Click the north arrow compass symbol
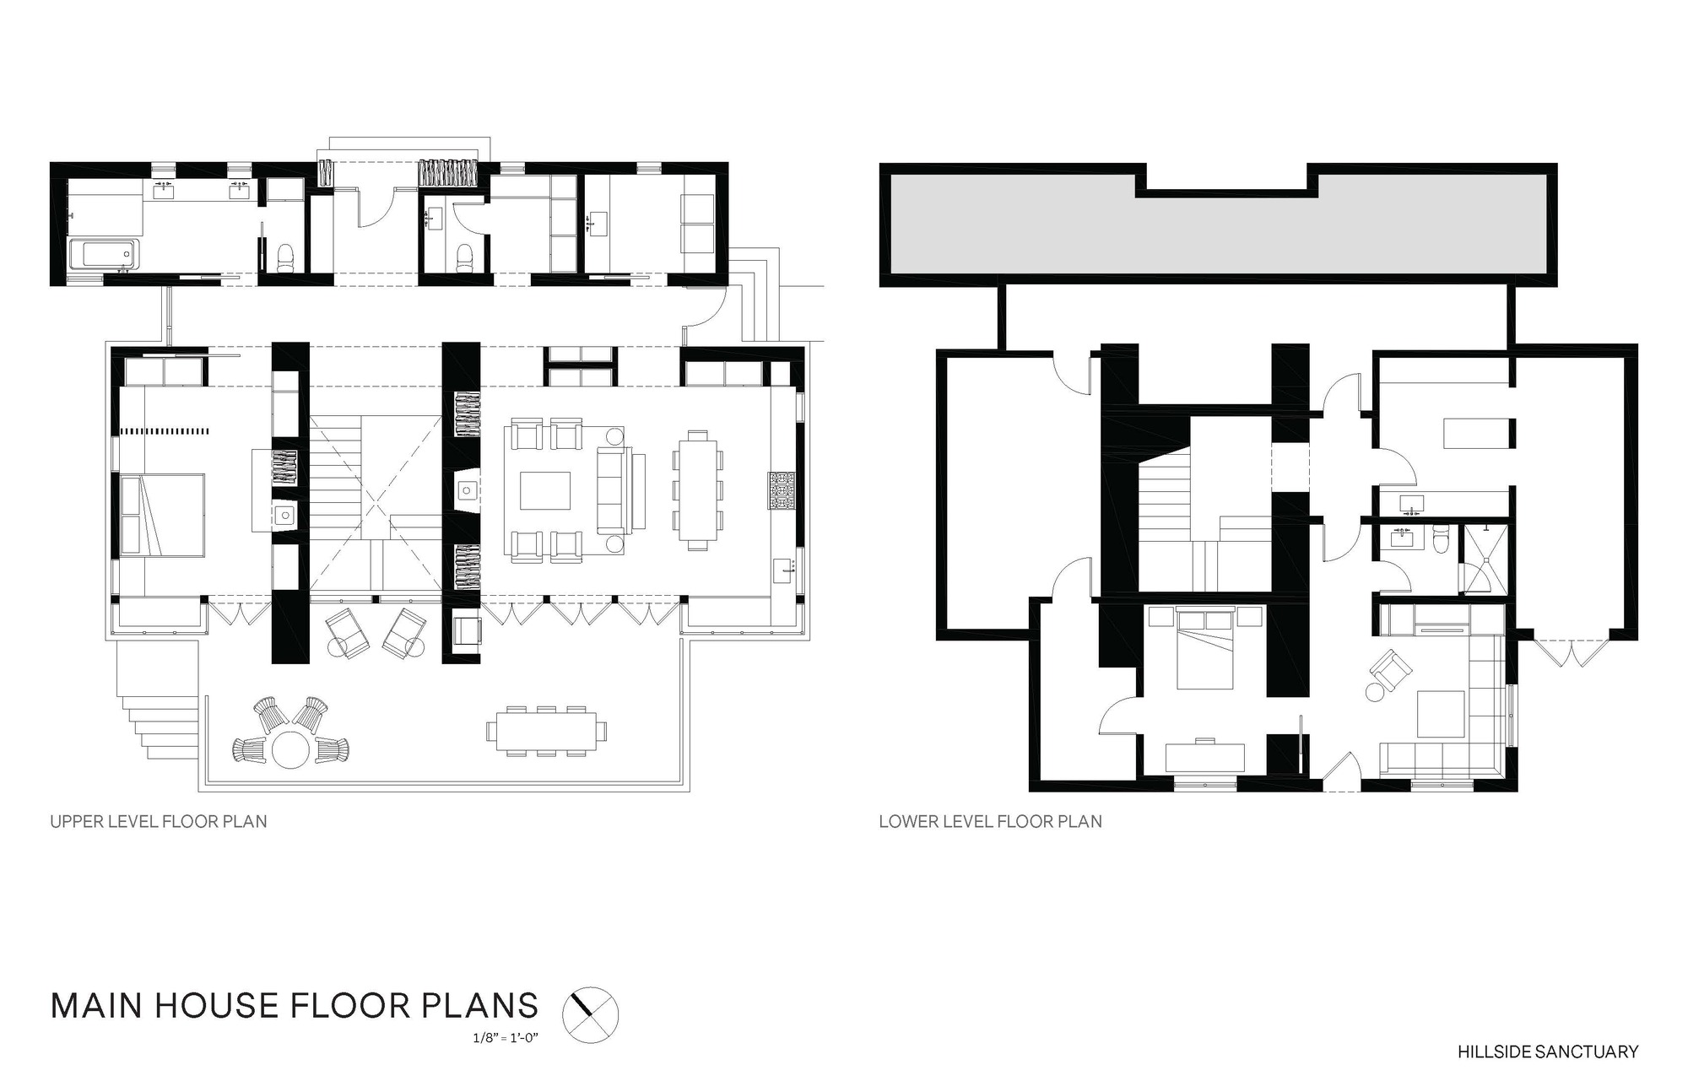click(590, 1013)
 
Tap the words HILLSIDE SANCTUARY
click(1548, 1051)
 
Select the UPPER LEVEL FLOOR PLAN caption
click(159, 821)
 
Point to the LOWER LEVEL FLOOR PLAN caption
click(990, 821)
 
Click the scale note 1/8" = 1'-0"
click(506, 1036)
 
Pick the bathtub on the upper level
click(103, 254)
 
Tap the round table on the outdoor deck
click(289, 749)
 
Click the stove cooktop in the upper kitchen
click(782, 491)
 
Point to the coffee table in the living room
click(544, 490)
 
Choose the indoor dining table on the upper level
click(697, 490)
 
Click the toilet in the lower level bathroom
click(1442, 538)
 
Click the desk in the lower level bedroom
click(1205, 756)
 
